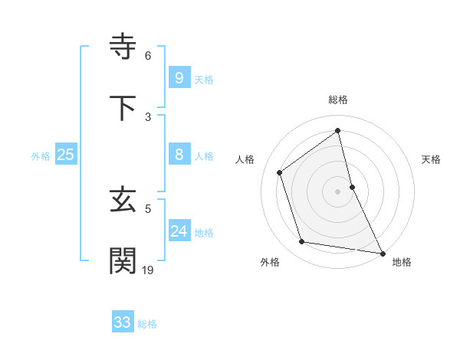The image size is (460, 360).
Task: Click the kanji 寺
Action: (x=124, y=47)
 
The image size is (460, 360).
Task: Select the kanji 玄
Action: (x=124, y=201)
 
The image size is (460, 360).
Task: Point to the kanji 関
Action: (x=124, y=260)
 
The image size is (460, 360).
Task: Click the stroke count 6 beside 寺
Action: (x=148, y=56)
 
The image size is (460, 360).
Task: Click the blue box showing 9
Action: (x=179, y=78)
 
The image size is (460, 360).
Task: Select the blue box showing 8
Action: (x=179, y=155)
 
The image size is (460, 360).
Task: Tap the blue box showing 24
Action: (x=179, y=231)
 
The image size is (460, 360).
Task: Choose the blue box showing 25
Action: (x=65, y=155)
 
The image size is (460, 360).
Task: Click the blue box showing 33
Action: (x=122, y=322)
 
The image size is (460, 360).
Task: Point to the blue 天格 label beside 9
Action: (x=204, y=80)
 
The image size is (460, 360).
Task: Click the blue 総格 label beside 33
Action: (x=147, y=324)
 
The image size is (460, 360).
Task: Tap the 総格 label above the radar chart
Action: (x=338, y=100)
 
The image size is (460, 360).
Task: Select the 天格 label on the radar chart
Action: (x=431, y=159)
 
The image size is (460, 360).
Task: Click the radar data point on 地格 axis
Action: (x=382, y=252)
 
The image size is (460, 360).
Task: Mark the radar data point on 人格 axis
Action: (x=280, y=172)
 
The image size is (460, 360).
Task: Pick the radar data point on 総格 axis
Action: (x=338, y=131)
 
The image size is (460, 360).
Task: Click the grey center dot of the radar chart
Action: (x=338, y=191)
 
